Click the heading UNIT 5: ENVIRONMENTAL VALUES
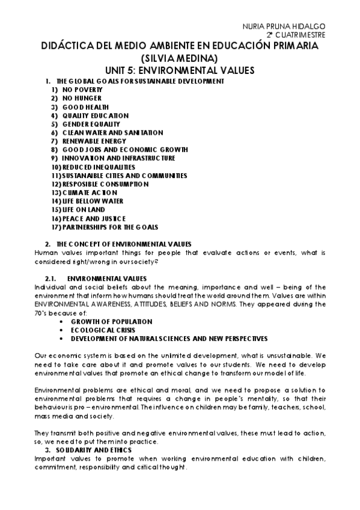coord(180,70)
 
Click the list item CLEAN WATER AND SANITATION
coord(112,132)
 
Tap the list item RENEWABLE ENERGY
coord(94,141)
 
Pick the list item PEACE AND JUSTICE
coord(94,218)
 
